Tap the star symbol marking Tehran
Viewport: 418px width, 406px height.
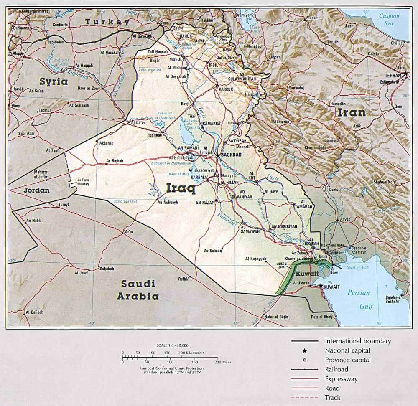(x=405, y=74)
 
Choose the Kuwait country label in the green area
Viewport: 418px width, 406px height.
(x=307, y=274)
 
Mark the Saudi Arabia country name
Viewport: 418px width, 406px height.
(x=138, y=290)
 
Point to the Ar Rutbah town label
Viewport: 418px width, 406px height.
(x=114, y=160)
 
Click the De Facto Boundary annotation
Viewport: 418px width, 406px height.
(x=83, y=182)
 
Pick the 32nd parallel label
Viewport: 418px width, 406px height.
(x=125, y=201)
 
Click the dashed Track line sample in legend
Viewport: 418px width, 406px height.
(x=305, y=398)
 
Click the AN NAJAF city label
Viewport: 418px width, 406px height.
(x=205, y=202)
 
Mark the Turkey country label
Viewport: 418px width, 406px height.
(x=107, y=22)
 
